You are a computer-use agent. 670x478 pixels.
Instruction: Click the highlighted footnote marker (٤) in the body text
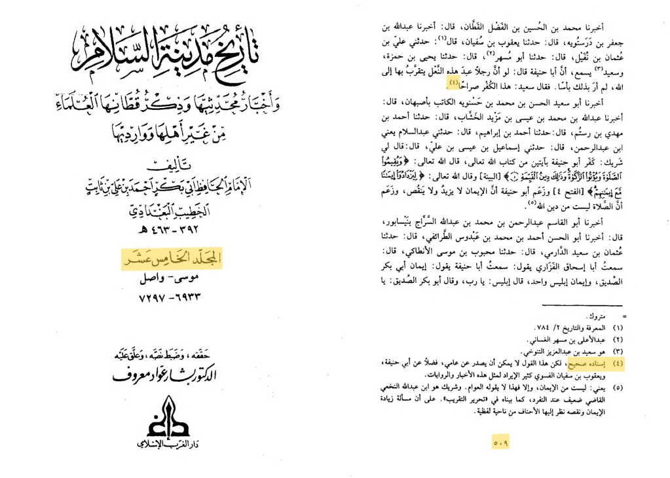pos(453,82)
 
